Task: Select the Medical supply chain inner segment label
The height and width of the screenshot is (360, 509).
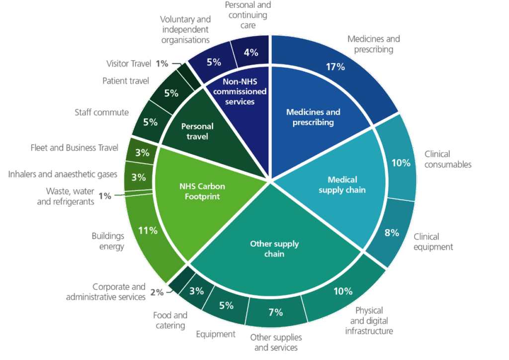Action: [342, 185]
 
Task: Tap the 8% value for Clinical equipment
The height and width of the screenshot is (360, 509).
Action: [391, 233]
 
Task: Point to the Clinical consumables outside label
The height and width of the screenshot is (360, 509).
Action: [448, 159]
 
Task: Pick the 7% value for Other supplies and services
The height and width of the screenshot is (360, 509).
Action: [275, 312]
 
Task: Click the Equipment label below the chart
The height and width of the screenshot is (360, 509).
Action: [216, 334]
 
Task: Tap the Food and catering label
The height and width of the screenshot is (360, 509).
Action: [170, 320]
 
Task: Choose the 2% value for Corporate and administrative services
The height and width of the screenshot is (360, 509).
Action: [157, 293]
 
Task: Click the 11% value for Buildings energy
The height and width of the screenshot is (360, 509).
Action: [148, 230]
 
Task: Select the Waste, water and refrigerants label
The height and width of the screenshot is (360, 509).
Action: [70, 196]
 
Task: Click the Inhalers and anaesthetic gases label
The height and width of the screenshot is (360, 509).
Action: [63, 174]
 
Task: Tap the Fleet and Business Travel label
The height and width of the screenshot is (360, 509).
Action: [74, 148]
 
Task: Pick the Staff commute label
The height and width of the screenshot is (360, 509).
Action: [101, 112]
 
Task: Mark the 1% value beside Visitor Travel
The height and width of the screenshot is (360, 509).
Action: [162, 64]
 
